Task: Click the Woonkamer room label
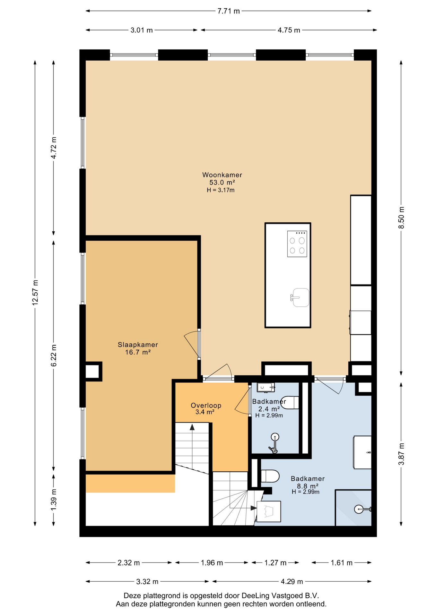[222, 175]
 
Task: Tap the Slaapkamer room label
[138, 345]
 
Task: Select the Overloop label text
[206, 405]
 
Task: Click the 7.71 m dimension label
[229, 11]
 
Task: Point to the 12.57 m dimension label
[35, 292]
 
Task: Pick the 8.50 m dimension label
[401, 218]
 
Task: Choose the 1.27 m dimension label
[275, 563]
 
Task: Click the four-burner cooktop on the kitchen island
[297, 244]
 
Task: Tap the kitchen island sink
[300, 297]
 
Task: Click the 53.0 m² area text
[222, 182]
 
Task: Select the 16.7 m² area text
[138, 352]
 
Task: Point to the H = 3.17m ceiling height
[221, 190]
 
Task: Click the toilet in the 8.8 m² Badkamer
[270, 476]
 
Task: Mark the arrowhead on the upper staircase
[192, 427]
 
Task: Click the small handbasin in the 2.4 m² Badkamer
[266, 388]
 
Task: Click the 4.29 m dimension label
[292, 581]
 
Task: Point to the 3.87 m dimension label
[401, 454]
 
